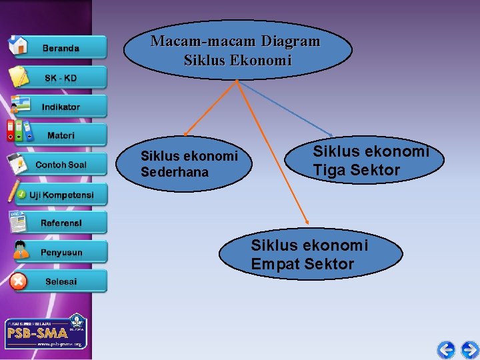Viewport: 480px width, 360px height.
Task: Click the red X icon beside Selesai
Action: [x=19, y=281]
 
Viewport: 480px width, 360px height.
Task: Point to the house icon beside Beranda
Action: [x=18, y=45]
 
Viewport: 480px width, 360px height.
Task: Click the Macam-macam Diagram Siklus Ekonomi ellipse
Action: [x=237, y=50]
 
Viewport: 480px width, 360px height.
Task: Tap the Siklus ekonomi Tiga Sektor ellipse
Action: [x=363, y=161]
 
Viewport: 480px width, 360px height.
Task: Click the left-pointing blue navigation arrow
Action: [x=446, y=349]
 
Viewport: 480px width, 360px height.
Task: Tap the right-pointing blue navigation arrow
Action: [x=469, y=349]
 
